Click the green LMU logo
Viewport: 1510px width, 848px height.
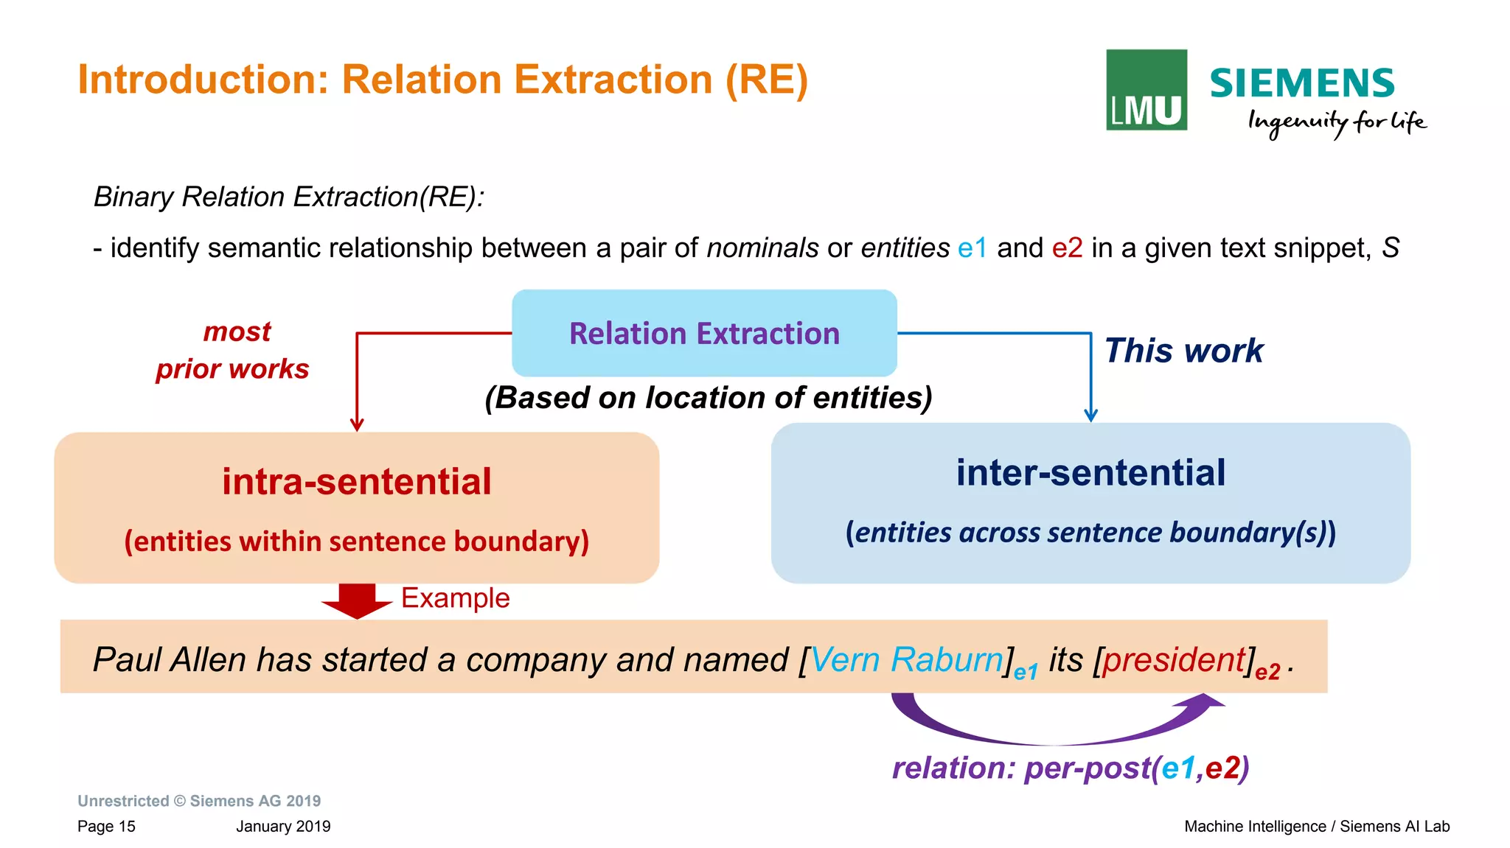point(1146,90)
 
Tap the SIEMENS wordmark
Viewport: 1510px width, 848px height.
point(1301,83)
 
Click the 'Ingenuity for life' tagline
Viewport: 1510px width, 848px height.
point(1336,122)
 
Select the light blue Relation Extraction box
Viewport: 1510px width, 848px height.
point(704,333)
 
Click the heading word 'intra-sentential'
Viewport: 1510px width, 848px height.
point(357,482)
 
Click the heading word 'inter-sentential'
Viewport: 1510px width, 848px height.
point(1090,472)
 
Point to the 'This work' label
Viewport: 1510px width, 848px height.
point(1183,351)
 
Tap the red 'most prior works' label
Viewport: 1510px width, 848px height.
point(233,350)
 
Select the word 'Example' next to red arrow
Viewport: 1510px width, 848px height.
point(455,598)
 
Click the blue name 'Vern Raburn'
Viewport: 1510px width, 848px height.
point(906,659)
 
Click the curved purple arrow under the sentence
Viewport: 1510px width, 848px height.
point(1054,729)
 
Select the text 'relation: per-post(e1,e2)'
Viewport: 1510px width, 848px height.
point(1071,768)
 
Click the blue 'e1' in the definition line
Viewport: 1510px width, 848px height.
point(972,248)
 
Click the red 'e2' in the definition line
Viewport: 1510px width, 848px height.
point(1067,248)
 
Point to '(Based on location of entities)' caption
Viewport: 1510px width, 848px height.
point(709,398)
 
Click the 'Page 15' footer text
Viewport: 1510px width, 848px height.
point(106,826)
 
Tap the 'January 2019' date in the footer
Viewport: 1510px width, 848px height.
point(283,826)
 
